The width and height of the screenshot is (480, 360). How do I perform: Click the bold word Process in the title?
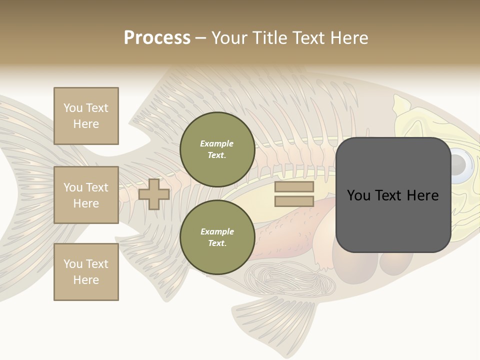157,38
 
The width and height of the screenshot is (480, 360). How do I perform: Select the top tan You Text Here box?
86,116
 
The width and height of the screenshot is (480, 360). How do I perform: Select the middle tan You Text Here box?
86,195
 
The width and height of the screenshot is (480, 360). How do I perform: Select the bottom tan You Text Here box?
86,271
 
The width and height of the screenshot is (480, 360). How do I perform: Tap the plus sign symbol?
154,194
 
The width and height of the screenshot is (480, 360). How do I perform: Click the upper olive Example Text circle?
217,149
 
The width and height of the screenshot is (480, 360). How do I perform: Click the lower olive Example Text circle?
217,237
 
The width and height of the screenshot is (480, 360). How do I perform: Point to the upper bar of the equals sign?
294,187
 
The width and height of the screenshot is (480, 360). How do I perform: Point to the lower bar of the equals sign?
294,201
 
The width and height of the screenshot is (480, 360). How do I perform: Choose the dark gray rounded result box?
393,195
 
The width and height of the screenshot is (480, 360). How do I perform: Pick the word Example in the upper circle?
217,143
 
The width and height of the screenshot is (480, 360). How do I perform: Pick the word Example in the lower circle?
217,231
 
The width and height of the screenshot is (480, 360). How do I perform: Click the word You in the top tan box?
73,108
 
